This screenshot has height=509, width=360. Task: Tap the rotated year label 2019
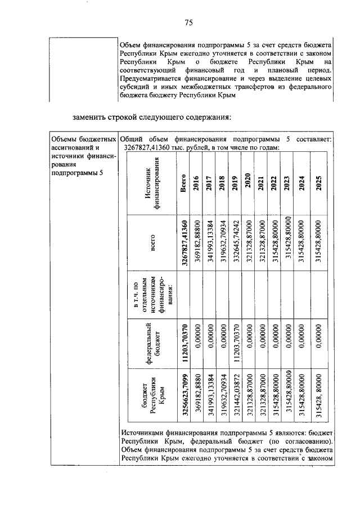(236, 184)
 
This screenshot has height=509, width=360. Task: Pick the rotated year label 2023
(287, 184)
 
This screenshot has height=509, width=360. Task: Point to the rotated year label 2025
(318, 184)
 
